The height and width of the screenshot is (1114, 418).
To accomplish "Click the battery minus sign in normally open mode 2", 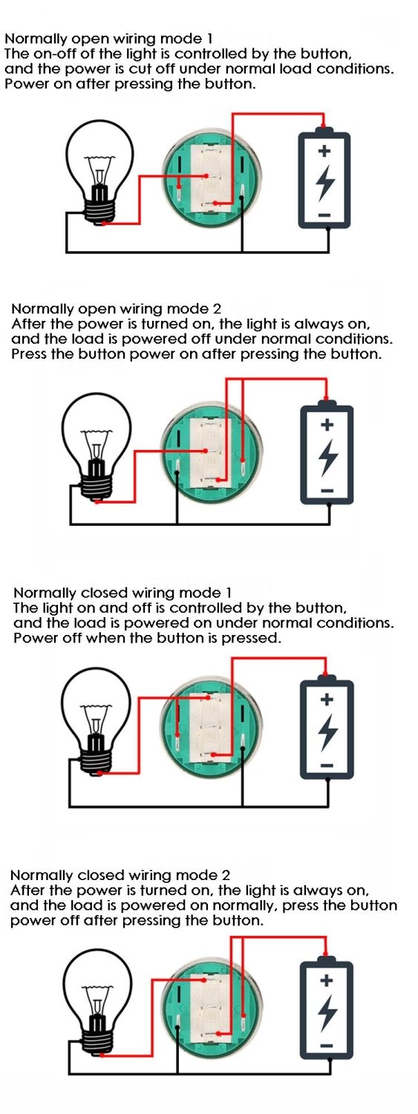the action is point(327,491).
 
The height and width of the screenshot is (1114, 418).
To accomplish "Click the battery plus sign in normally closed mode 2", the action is point(327,980).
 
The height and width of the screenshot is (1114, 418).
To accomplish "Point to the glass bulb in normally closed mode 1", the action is point(97,706).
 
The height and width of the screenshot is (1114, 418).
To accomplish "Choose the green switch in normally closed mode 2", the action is point(211,1009).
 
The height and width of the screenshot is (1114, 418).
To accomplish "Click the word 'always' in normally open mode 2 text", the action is point(320,325).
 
